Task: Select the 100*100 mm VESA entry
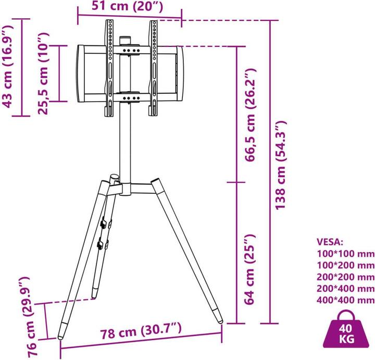pos(345,254)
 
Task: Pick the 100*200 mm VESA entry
pos(345,266)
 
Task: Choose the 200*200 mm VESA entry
pos(345,277)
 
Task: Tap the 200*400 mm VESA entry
pos(345,289)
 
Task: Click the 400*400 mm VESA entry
pos(345,300)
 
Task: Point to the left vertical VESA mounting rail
pos(110,68)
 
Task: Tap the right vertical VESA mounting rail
pos(154,68)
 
